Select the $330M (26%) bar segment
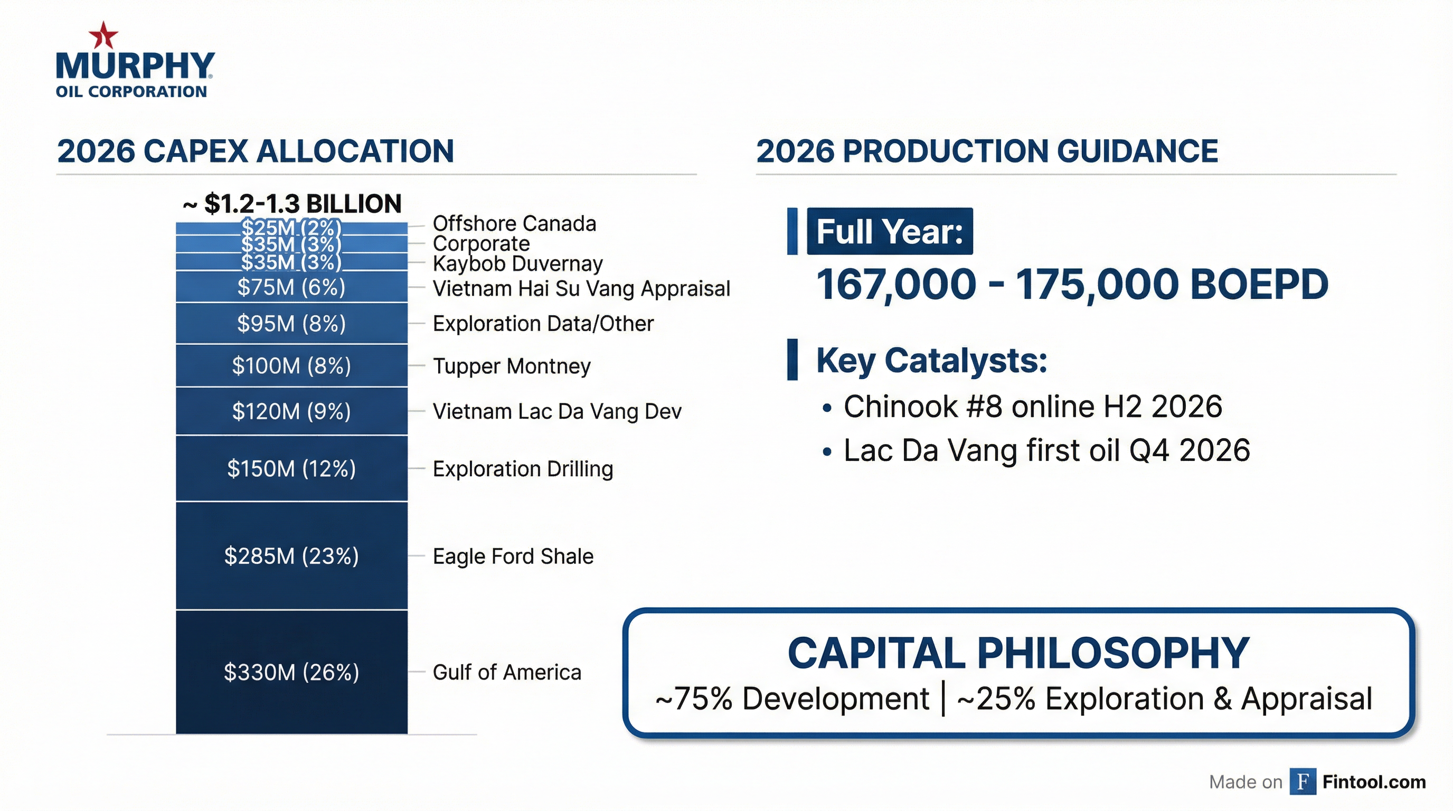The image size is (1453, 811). point(291,672)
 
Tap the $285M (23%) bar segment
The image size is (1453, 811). point(291,556)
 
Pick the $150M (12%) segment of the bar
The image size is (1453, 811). point(291,468)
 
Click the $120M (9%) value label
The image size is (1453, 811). point(291,411)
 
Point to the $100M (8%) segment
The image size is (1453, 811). point(291,365)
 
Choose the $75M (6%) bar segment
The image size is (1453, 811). point(291,287)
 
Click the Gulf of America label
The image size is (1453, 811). point(506,672)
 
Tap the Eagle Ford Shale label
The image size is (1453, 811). point(513,556)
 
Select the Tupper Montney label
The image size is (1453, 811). point(511,366)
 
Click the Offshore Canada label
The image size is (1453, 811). point(514,223)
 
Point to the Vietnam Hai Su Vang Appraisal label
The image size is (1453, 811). point(581,288)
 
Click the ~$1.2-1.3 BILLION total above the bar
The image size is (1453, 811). point(292,204)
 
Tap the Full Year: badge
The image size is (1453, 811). point(890,231)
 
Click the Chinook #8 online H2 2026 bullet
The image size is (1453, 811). point(1032,406)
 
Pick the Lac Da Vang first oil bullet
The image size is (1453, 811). point(1046,450)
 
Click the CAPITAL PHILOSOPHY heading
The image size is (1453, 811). point(1018,653)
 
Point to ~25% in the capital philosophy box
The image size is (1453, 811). point(996,699)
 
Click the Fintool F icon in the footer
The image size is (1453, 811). point(1303,781)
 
